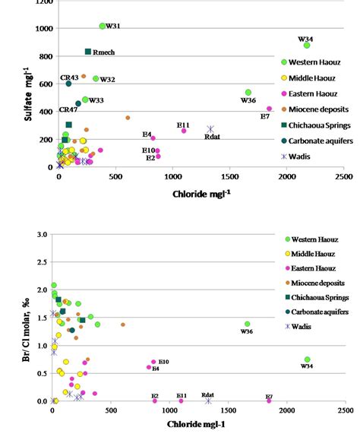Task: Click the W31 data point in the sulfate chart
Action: (x=103, y=27)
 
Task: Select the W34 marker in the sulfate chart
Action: (x=306, y=46)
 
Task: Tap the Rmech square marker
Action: (x=88, y=52)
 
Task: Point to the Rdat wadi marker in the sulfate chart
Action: (x=210, y=130)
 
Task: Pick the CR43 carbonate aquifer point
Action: (x=68, y=84)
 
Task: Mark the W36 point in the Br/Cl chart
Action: (x=247, y=324)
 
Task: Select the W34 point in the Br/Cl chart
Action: (x=307, y=359)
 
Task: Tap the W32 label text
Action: (x=108, y=80)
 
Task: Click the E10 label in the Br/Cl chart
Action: (x=163, y=362)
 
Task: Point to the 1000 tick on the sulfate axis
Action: (x=43, y=29)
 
